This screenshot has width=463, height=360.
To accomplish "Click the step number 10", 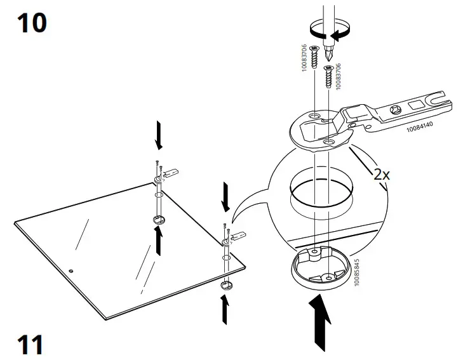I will pyautogui.click(x=31, y=23).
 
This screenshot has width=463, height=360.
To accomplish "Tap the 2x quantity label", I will pyautogui.click(x=381, y=173).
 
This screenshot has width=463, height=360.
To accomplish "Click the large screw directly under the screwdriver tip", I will pyautogui.click(x=329, y=76).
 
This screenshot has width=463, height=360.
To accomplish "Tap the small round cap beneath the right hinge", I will pyautogui.click(x=225, y=286).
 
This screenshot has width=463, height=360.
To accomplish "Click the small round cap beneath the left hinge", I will pyautogui.click(x=158, y=220).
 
